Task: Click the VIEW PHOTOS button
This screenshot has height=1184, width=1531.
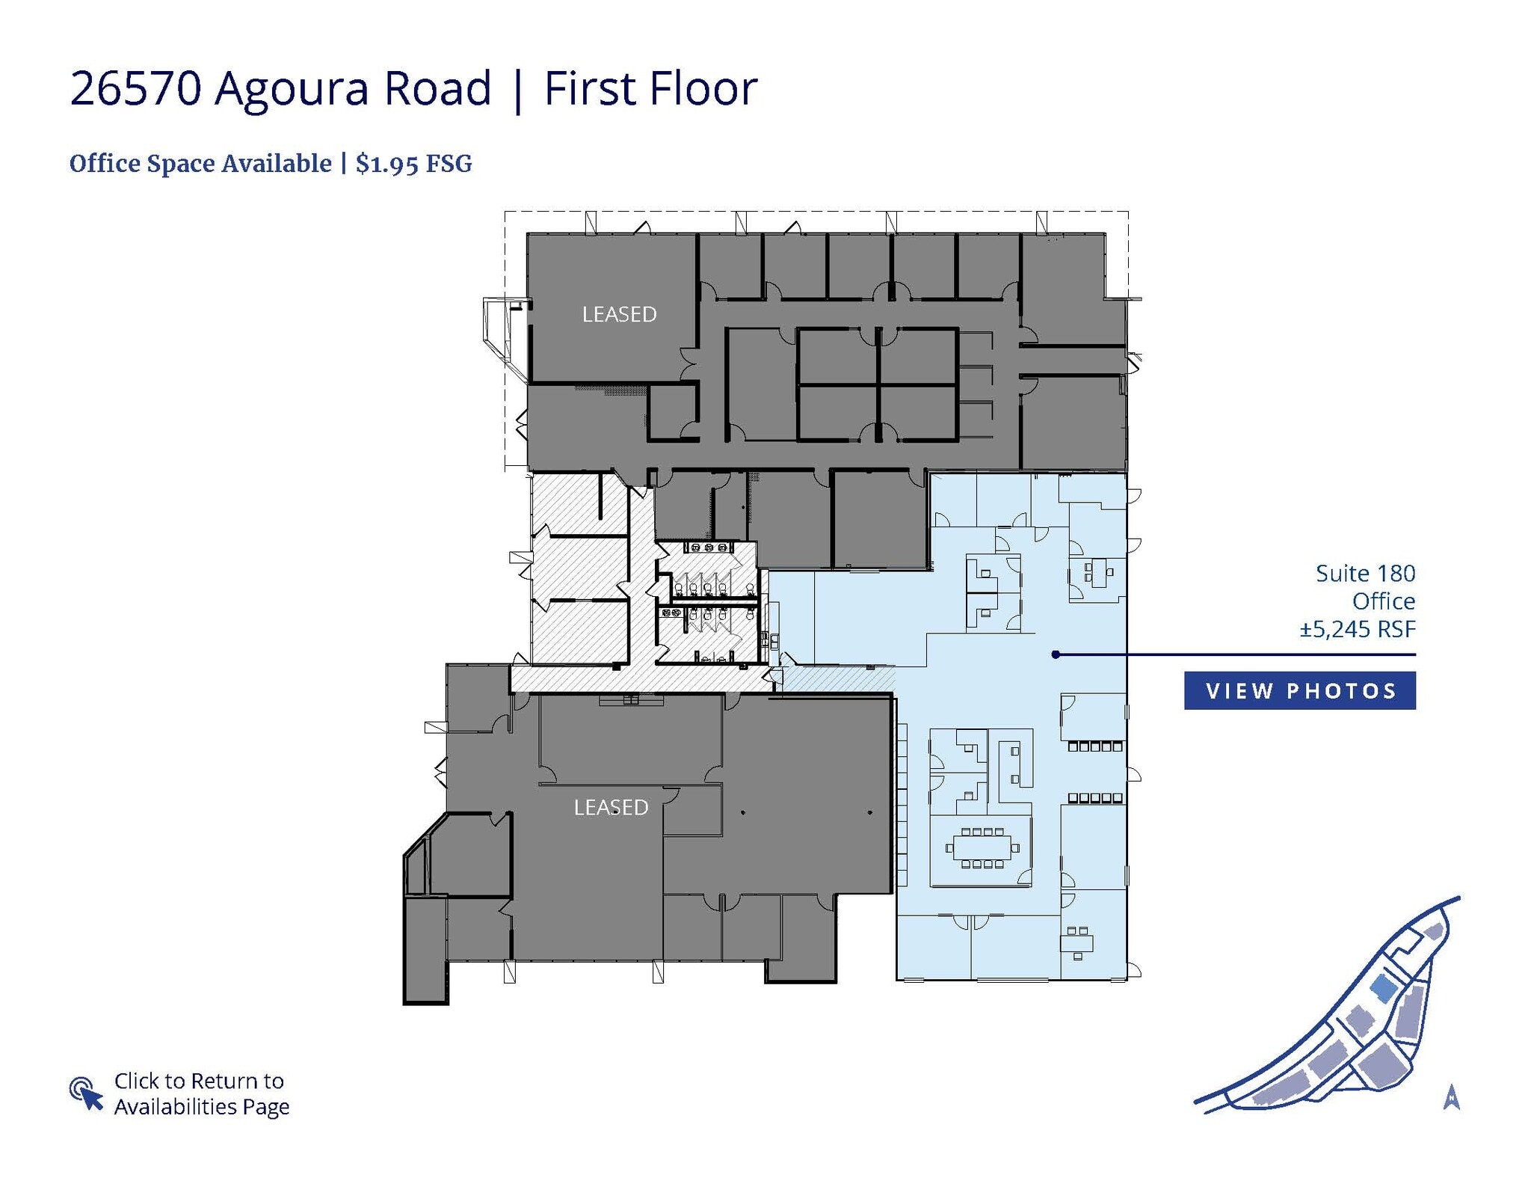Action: click(x=1299, y=690)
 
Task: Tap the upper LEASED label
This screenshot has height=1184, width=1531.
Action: click(x=619, y=314)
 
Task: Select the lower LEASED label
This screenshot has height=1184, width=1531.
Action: click(x=611, y=807)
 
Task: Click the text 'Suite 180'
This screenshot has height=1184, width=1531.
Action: click(x=1365, y=574)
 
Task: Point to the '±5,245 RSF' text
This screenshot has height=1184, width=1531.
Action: click(x=1358, y=629)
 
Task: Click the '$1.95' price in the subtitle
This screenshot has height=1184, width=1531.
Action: click(x=387, y=164)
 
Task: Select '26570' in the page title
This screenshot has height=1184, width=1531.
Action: click(x=135, y=88)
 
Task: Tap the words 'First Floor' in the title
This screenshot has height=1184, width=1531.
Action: click(x=650, y=88)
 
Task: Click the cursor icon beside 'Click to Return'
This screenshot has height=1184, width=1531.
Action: click(x=86, y=1093)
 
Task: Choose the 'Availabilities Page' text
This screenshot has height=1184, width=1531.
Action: click(x=202, y=1106)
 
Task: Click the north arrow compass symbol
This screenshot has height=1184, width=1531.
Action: click(x=1451, y=1097)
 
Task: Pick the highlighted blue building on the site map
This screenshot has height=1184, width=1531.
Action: click(x=1382, y=990)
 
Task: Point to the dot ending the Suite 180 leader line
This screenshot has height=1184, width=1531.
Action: click(x=1055, y=654)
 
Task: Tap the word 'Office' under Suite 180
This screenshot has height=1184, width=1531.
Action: click(x=1383, y=601)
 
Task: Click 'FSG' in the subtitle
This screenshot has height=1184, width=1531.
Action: click(x=449, y=164)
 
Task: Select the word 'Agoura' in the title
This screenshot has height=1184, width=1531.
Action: click(x=291, y=88)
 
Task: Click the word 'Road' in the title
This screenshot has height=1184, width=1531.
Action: click(x=437, y=88)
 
